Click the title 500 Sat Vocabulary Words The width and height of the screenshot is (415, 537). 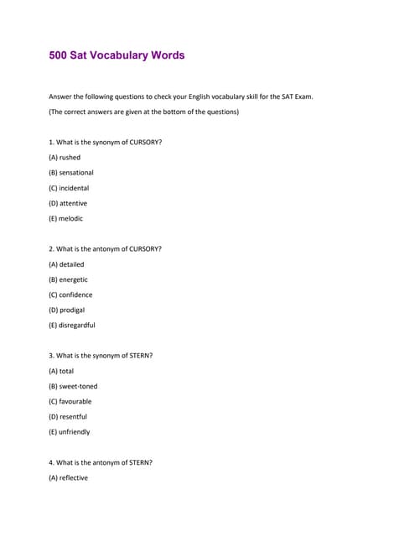click(x=117, y=55)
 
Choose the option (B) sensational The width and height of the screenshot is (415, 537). click(x=71, y=173)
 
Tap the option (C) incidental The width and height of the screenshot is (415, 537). click(x=69, y=188)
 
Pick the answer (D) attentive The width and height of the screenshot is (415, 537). click(x=68, y=203)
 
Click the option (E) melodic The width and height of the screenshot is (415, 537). click(x=66, y=218)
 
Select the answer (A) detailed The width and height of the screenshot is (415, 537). click(x=66, y=264)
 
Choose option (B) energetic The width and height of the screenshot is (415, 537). click(x=68, y=279)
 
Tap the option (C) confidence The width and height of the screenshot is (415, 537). click(x=70, y=295)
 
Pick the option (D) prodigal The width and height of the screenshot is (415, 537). click(x=67, y=310)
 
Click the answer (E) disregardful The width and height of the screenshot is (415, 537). click(x=72, y=325)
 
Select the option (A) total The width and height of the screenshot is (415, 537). click(x=61, y=371)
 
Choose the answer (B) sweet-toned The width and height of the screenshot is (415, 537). click(x=73, y=386)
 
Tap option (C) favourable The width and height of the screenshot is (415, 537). click(x=70, y=401)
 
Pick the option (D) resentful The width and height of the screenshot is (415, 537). click(x=68, y=416)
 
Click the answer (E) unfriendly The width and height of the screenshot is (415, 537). click(x=70, y=431)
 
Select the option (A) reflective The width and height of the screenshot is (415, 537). click(x=68, y=477)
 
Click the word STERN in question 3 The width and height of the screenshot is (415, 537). click(x=140, y=355)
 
